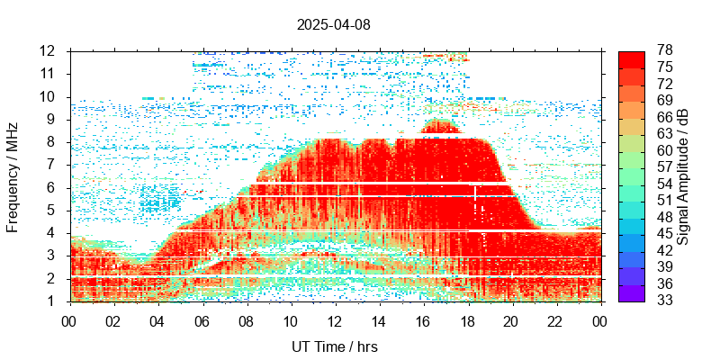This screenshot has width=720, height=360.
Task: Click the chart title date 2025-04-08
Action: tap(333, 24)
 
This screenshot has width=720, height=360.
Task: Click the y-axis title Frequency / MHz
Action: tap(13, 175)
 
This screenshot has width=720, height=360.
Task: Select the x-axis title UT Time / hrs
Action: tap(334, 346)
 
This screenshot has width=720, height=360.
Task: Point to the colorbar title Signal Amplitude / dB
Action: tap(683, 175)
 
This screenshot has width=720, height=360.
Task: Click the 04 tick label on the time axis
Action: tap(157, 320)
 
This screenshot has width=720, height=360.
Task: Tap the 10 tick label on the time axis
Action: tap(290, 320)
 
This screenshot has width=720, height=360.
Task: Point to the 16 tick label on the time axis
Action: tap(423, 320)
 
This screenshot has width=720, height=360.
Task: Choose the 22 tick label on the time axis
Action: tap(555, 320)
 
